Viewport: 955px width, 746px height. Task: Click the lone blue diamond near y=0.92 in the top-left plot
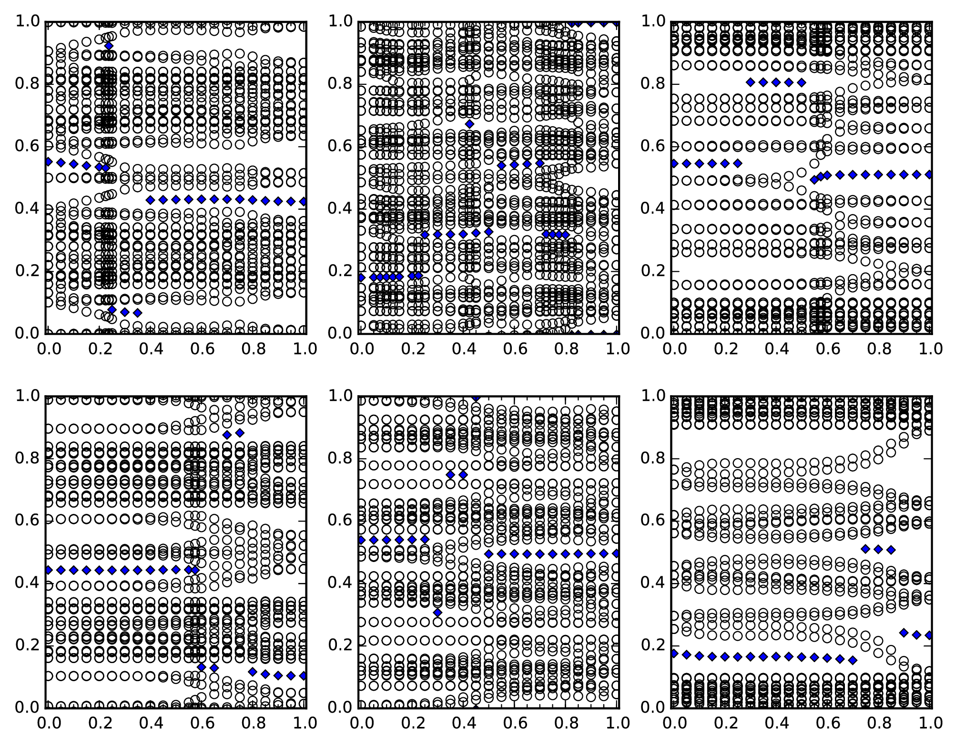tap(109, 46)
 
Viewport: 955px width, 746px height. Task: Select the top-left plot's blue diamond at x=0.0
tap(48, 162)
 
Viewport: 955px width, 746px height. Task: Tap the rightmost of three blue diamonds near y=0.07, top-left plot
tap(138, 313)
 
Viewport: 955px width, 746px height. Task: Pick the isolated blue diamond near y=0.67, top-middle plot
tap(470, 124)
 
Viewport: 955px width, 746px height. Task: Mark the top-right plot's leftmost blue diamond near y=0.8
tap(751, 82)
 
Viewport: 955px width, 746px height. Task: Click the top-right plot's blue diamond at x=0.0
tap(674, 164)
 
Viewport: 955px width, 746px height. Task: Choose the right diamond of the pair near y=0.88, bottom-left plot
tap(240, 433)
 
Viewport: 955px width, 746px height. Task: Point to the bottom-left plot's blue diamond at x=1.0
tap(304, 675)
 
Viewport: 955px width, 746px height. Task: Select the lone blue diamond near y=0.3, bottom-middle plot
tap(438, 612)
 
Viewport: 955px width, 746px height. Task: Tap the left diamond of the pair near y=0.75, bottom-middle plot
tap(450, 475)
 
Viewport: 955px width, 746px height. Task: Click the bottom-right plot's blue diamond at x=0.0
tap(674, 654)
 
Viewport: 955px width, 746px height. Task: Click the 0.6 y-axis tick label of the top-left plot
tap(28, 146)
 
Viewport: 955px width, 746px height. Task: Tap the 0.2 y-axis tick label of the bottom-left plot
tap(28, 645)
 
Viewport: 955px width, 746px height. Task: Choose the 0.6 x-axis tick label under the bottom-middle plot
tap(515, 723)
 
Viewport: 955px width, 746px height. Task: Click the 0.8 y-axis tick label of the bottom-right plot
tap(653, 458)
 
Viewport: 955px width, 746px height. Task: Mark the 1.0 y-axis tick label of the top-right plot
tap(653, 21)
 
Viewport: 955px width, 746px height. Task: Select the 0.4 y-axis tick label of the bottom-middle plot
tap(340, 582)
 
